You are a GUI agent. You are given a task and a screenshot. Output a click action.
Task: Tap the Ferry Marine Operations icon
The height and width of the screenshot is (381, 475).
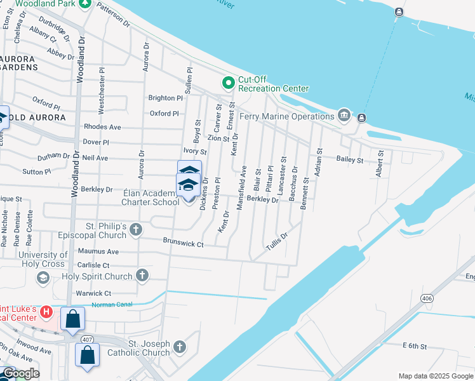tap(344, 115)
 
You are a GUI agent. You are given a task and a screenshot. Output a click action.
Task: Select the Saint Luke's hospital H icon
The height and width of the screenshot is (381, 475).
tap(46, 312)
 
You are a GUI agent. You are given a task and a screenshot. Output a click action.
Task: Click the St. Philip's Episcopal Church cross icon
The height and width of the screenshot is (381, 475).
tap(136, 229)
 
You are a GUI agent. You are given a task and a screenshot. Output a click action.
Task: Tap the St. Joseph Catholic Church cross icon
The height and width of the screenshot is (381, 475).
tap(180, 347)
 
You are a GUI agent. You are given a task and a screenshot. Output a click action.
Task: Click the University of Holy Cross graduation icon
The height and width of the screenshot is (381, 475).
tap(43, 277)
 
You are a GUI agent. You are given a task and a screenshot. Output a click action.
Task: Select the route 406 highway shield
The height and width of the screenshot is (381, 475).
tap(426, 298)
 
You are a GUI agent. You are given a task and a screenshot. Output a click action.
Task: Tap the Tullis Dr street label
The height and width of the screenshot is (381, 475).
tap(277, 240)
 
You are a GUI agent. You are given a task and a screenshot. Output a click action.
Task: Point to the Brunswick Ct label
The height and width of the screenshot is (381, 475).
tap(183, 243)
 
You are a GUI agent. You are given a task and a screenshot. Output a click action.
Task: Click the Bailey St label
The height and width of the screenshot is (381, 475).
tap(349, 160)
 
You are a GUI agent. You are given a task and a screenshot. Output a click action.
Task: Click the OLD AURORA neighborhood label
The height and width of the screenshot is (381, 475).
tap(36, 117)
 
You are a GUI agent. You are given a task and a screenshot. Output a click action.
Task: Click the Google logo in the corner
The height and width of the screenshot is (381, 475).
tap(20, 373)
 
